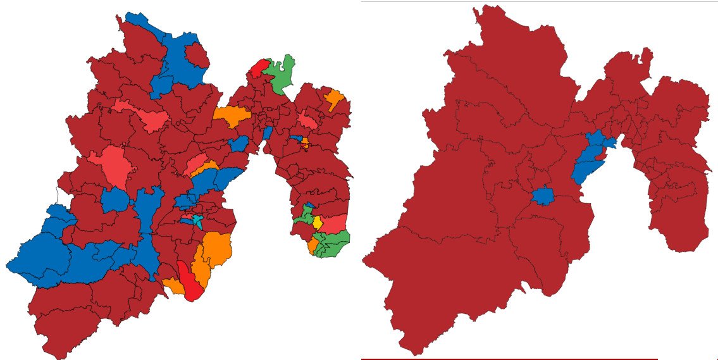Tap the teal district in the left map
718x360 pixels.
pos(199,221)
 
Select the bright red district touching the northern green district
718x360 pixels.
pos(259,68)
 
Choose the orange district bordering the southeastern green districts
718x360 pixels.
pos(313,245)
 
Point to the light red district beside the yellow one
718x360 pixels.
pos(334,223)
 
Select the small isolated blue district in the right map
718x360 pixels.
pos(542,196)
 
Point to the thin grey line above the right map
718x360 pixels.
pos(538,1)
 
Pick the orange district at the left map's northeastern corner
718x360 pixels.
pos(333,99)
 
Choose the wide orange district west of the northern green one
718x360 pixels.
pos(232,115)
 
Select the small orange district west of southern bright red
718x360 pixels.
pos(171,285)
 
